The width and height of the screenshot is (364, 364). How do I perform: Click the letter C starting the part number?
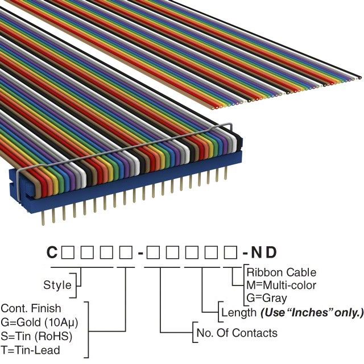(x=52, y=252)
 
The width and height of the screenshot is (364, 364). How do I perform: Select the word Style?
(x=57, y=285)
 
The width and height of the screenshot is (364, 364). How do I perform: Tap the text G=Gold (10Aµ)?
(x=39, y=322)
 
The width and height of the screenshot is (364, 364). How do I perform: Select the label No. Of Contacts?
(x=237, y=333)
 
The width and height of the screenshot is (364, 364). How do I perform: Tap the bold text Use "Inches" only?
(x=311, y=312)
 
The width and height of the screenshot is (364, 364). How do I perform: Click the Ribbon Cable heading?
(x=281, y=272)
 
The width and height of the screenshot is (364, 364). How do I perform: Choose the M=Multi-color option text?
(x=281, y=285)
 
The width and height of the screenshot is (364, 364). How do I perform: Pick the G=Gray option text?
(x=267, y=297)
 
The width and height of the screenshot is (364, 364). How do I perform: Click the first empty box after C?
(x=67, y=252)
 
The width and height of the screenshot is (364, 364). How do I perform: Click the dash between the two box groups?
(x=139, y=253)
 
